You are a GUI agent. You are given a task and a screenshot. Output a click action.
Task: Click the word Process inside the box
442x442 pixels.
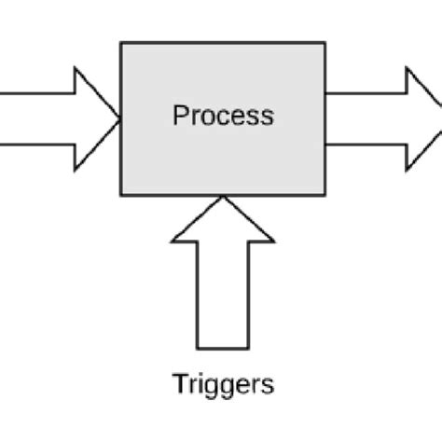(x=224, y=116)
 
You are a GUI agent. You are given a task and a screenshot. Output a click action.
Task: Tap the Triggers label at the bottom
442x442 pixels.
(x=224, y=383)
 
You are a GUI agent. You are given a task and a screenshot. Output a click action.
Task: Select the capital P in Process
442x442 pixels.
(x=180, y=116)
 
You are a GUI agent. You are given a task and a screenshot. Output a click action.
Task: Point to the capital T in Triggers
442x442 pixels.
(x=179, y=382)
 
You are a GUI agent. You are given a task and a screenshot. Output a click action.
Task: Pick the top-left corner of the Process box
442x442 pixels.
(x=121, y=42)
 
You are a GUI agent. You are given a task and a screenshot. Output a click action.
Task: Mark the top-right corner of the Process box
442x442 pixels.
(x=325, y=42)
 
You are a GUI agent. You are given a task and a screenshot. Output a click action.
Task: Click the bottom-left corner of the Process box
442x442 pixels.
(x=121, y=195)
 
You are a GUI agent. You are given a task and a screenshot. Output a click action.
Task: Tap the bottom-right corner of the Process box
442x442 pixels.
(x=325, y=195)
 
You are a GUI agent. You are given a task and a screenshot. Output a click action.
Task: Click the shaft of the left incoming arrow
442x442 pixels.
(x=37, y=118)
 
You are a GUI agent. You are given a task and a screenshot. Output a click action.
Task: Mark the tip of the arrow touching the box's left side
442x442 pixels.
(x=119, y=118)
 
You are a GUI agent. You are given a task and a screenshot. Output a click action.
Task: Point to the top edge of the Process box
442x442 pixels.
(x=224, y=42)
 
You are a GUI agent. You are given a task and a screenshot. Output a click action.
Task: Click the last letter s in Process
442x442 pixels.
(x=268, y=117)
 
